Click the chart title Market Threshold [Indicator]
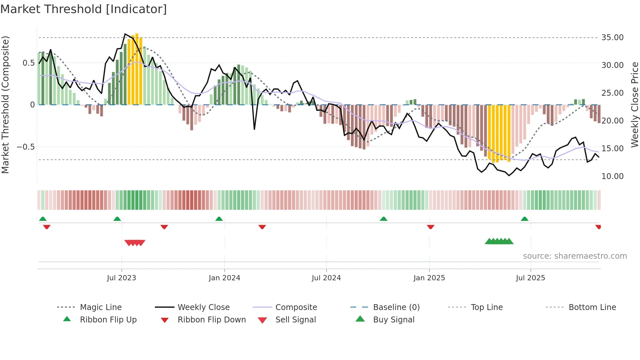tap(84, 9)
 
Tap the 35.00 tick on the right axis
tap(612, 38)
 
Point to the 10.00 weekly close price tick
tap(612, 176)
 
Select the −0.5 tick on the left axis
tap(26, 147)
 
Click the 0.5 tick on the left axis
tap(28, 63)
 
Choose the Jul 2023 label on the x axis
tap(121, 278)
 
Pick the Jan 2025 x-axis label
tap(429, 278)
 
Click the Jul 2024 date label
tap(326, 278)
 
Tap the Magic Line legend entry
tap(101, 307)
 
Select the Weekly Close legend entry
tap(203, 307)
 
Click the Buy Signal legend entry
tap(393, 320)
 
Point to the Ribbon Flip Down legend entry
tap(212, 320)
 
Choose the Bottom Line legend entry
tap(592, 307)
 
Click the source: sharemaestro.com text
tap(575, 256)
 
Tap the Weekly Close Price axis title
tap(634, 105)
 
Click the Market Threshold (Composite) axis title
tap(5, 105)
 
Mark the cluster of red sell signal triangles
tap(135, 243)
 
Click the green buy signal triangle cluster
tap(499, 241)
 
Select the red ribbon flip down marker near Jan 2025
tap(431, 227)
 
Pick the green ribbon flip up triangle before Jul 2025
tap(524, 219)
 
